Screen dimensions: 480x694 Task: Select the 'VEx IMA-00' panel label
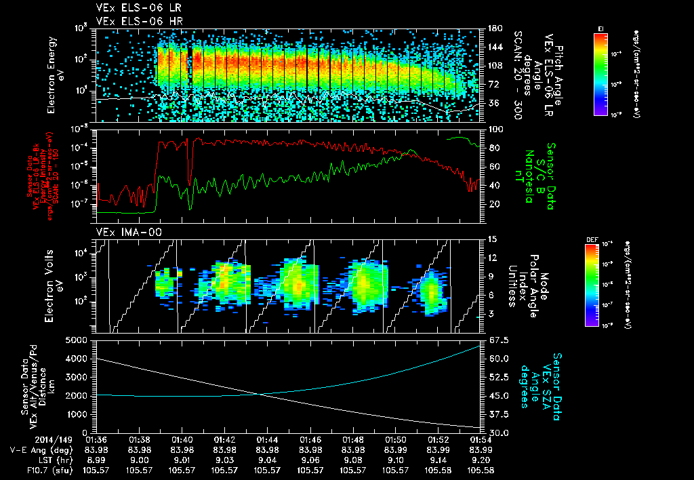click(x=123, y=232)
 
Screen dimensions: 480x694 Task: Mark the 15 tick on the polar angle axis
click(x=491, y=239)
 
